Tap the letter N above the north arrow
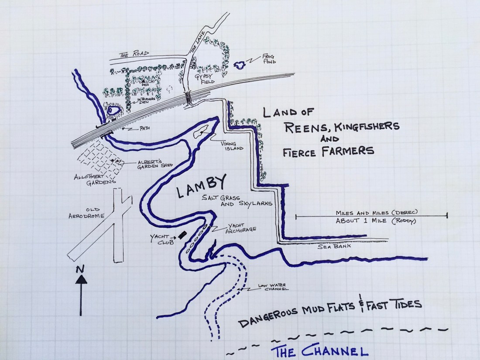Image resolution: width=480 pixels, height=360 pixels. (x=80, y=269)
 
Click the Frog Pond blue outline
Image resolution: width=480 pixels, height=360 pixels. (x=240, y=65)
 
